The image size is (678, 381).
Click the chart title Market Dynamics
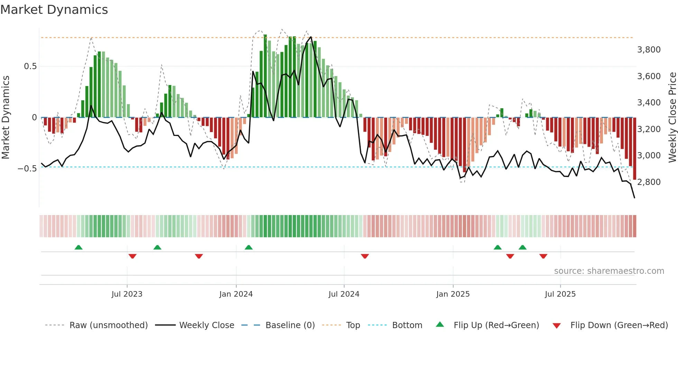[x=54, y=10]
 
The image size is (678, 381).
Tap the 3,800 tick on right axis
[x=649, y=50]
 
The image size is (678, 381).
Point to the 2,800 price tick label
[x=649, y=182]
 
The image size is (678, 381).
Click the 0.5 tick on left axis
[x=30, y=66]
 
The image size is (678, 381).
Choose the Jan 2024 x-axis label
[x=236, y=294]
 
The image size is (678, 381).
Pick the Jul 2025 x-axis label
[x=560, y=294]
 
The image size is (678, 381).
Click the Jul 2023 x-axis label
[x=127, y=294]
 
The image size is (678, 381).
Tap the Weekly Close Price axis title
[x=672, y=118]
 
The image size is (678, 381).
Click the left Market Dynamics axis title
[x=6, y=118]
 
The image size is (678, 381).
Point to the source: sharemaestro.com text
[x=609, y=271]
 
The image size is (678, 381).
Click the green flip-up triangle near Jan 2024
[x=249, y=247]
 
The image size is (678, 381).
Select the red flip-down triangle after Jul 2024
[x=365, y=256]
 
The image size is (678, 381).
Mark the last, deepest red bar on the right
[x=634, y=149]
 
